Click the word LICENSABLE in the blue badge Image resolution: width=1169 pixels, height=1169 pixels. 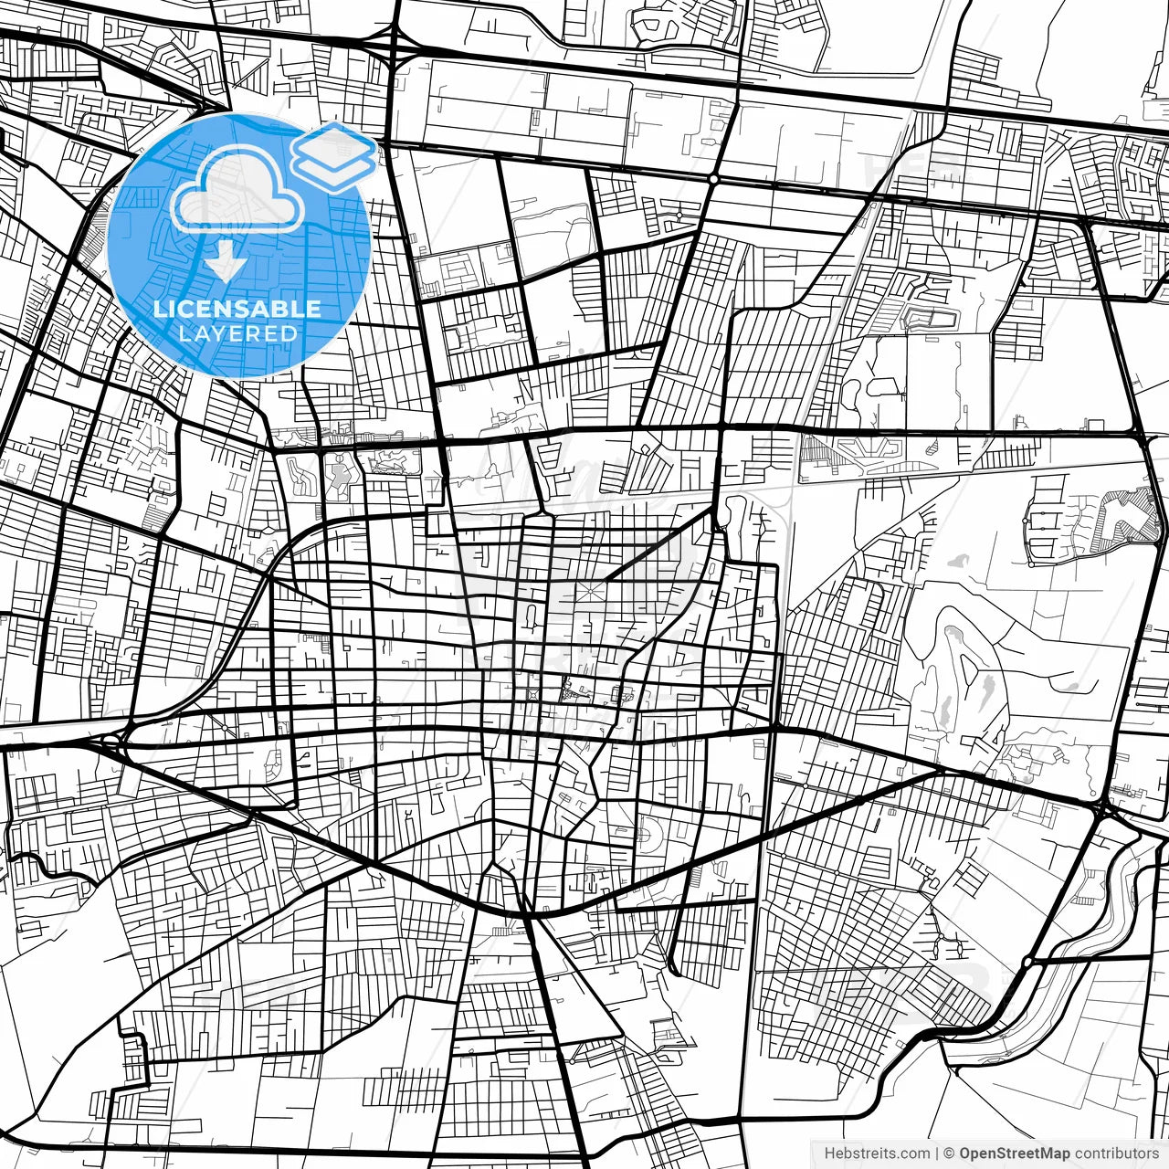click(x=237, y=309)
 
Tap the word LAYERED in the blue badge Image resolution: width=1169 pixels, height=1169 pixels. click(x=237, y=333)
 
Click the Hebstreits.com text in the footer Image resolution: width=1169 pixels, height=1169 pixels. click(x=877, y=1153)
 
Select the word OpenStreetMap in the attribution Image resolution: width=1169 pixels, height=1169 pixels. click(x=1014, y=1153)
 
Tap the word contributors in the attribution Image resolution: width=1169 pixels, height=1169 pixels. click(x=1115, y=1153)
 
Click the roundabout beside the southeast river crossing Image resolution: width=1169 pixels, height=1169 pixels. click(x=1028, y=962)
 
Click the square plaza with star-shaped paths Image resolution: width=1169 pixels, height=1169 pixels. click(x=588, y=594)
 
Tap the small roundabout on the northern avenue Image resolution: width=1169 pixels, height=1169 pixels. click(x=713, y=180)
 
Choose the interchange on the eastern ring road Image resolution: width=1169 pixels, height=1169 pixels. click(x=1105, y=806)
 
